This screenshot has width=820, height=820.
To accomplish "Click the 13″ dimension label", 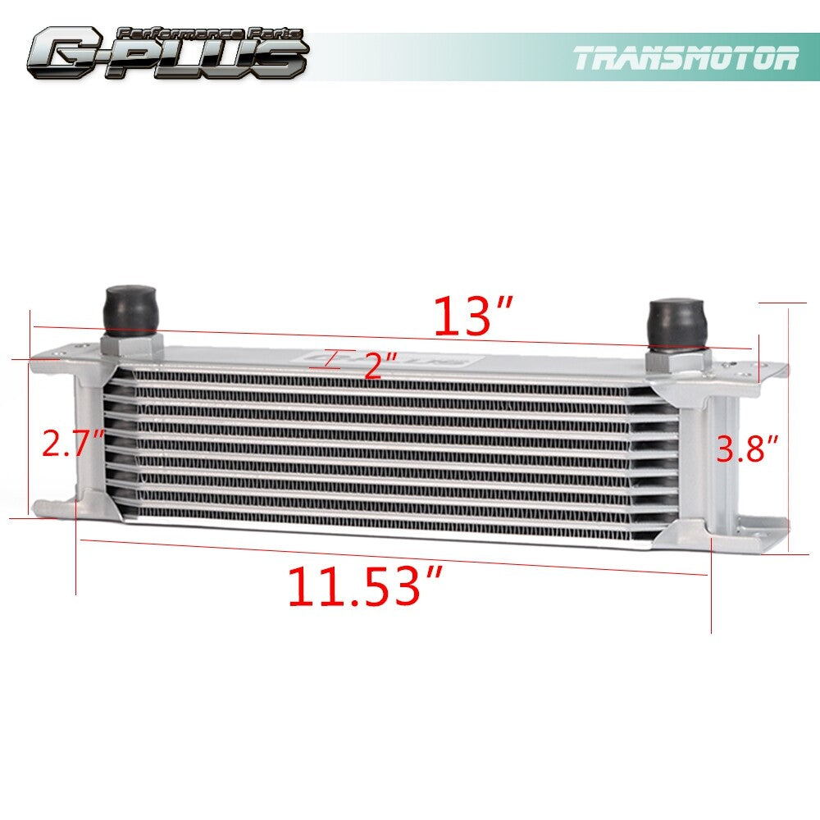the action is [474, 316].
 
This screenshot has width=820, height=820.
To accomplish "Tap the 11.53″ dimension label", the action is [366, 585].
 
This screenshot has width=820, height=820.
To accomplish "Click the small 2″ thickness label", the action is [380, 366].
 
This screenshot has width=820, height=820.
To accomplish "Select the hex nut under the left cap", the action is [131, 346].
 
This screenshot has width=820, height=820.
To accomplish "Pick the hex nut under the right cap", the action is [678, 360].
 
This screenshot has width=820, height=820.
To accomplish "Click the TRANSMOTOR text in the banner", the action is [686, 57].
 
